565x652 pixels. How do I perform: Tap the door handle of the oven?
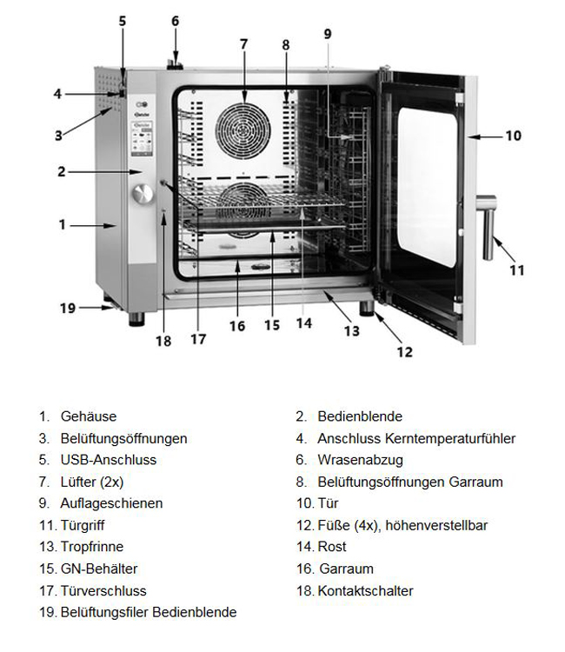[489, 229]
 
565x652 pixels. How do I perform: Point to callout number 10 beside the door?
[513, 136]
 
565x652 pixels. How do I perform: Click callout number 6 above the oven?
[175, 20]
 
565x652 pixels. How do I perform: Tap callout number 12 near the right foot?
[404, 351]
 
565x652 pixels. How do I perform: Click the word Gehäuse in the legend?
[89, 417]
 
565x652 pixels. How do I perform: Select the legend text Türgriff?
[83, 526]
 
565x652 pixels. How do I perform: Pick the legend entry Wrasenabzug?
[360, 460]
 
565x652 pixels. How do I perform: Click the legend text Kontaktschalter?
[365, 591]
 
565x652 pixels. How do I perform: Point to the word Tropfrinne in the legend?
[92, 548]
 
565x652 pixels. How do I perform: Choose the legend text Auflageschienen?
[111, 503]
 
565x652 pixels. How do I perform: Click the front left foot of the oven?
[137, 318]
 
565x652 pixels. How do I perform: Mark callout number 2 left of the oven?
[62, 172]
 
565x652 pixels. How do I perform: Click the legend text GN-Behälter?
[98, 569]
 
